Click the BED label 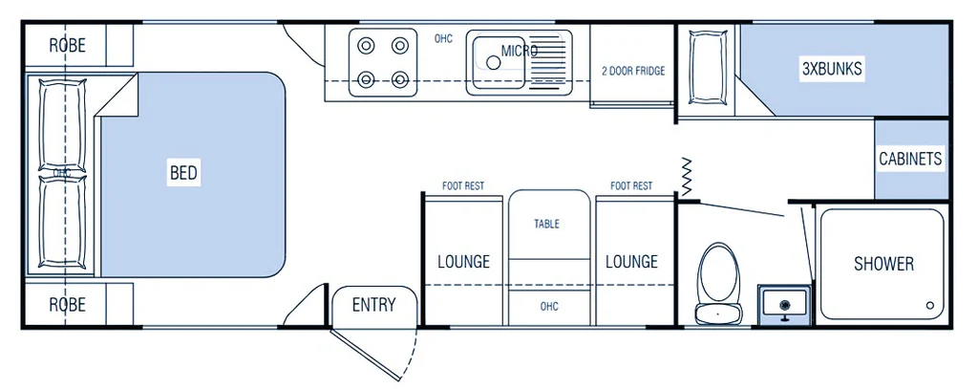tap(183, 173)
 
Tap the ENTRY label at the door tap(373, 305)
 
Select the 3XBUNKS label tap(831, 69)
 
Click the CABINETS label tap(910, 159)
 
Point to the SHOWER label tap(883, 264)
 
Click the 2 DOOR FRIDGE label tap(632, 71)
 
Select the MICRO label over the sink tap(520, 51)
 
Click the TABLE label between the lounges tap(547, 224)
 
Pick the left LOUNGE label tap(463, 261)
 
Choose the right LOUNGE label tap(631, 261)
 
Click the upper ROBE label tap(67, 44)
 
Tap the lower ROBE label tap(67, 305)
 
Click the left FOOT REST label tap(463, 185)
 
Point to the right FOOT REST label tap(631, 185)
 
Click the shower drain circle tap(929, 305)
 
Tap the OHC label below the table tap(548, 306)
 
